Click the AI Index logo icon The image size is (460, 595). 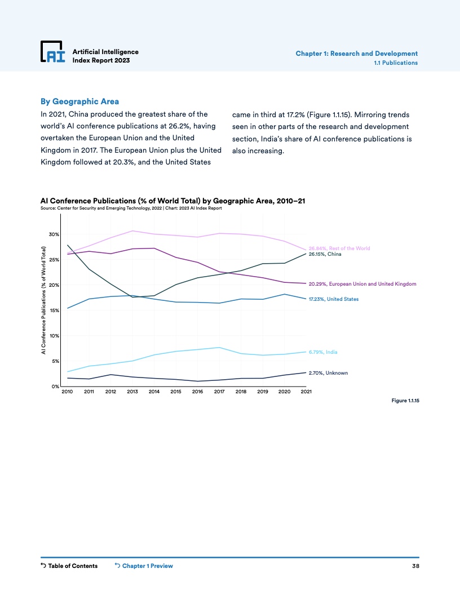click(x=53, y=52)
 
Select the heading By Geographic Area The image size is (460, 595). click(x=79, y=101)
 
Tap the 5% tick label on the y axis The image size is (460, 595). click(x=55, y=361)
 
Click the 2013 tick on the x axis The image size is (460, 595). click(x=132, y=392)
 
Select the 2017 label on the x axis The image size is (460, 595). click(x=219, y=392)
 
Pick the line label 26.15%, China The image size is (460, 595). click(x=325, y=254)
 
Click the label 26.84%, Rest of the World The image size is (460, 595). click(x=339, y=248)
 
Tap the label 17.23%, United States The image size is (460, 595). click(x=333, y=299)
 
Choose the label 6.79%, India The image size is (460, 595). click(x=323, y=352)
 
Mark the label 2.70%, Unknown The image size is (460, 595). click(x=328, y=373)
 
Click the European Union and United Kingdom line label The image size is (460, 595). click(x=362, y=283)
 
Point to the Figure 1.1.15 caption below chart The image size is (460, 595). click(x=404, y=401)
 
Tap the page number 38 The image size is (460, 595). click(x=415, y=566)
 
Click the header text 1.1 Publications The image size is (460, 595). click(x=396, y=63)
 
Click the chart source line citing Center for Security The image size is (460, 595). click(x=131, y=208)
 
